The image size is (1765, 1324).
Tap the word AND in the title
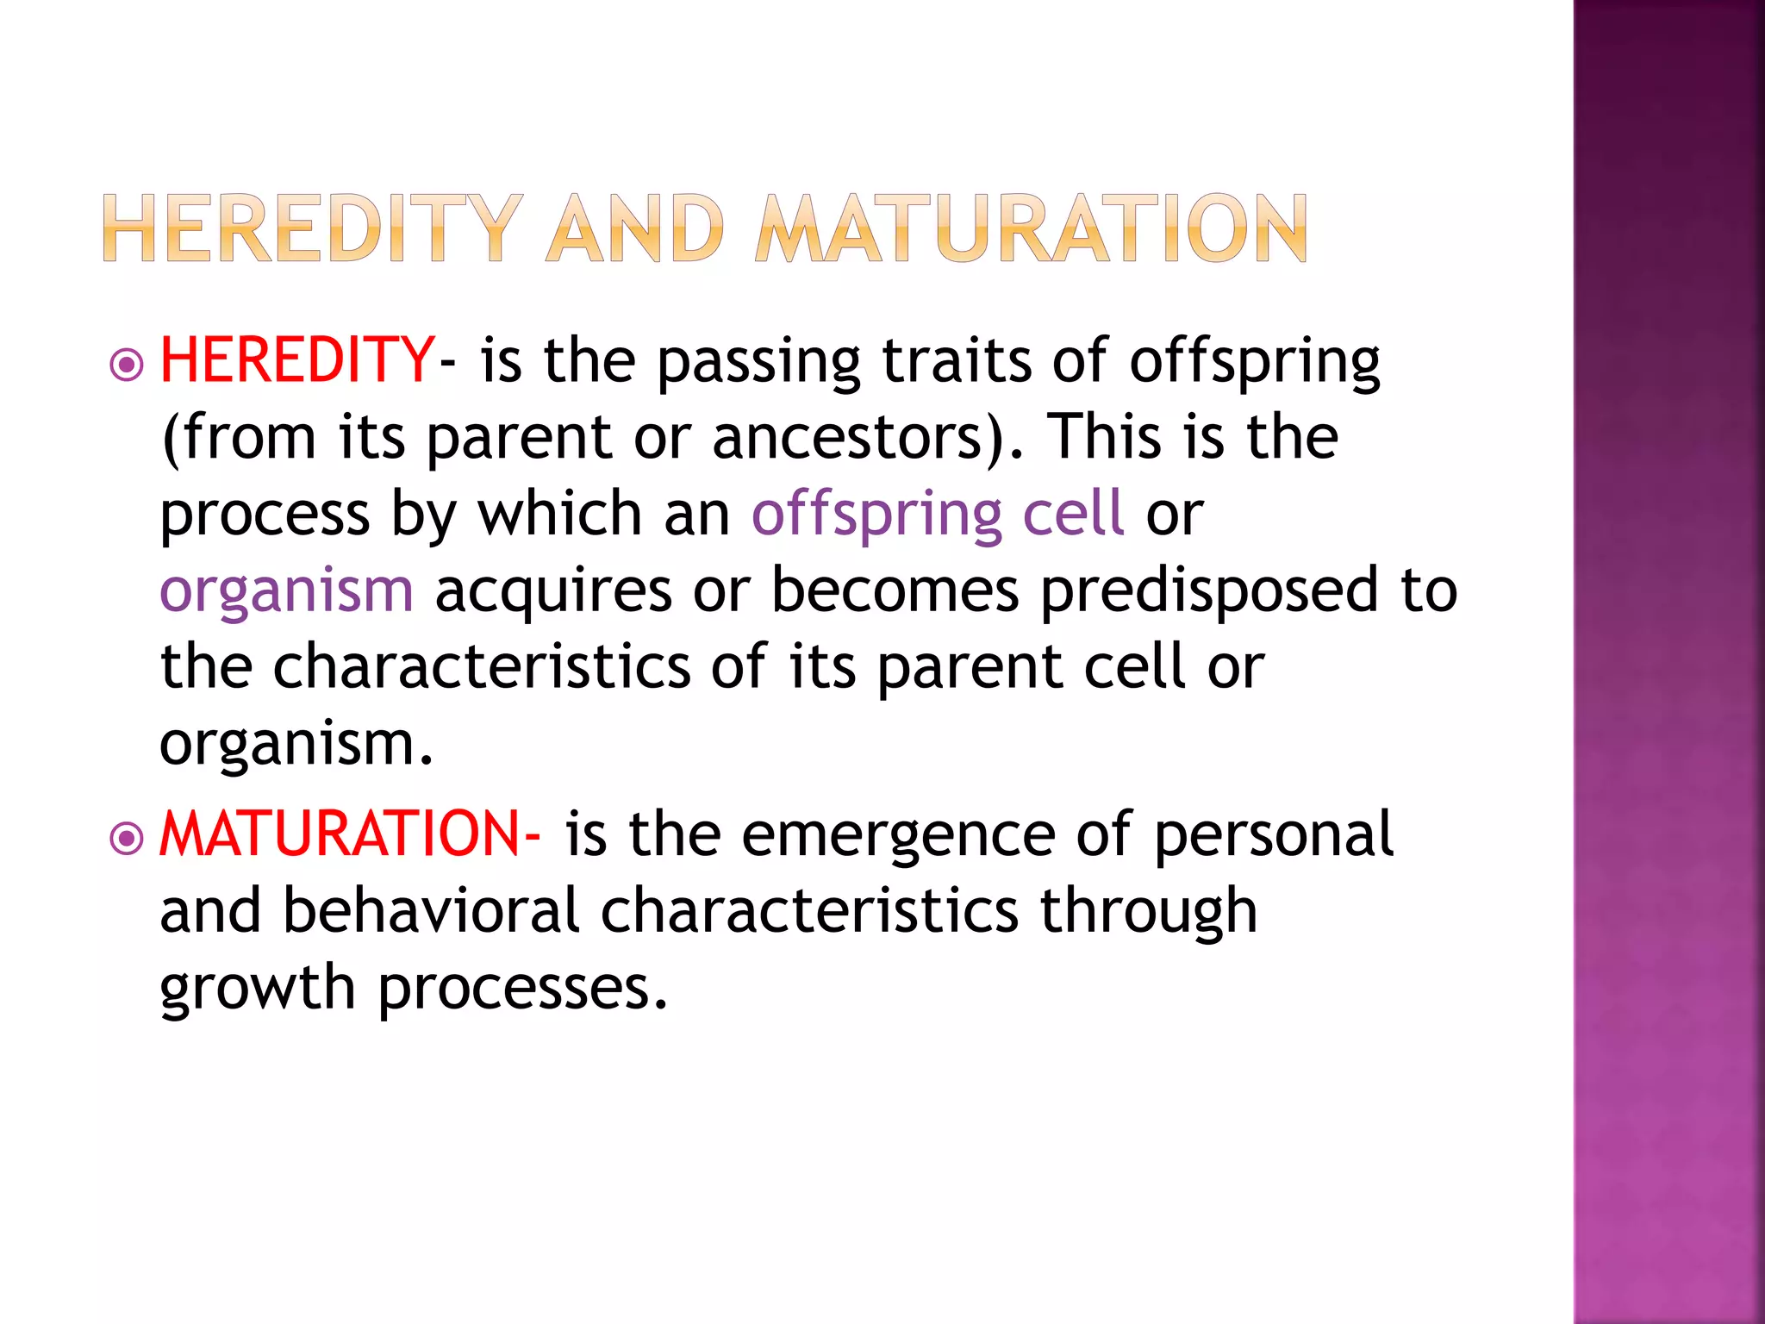(x=635, y=228)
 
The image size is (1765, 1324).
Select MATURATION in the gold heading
(x=1032, y=228)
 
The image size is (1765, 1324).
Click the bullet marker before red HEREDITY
(x=128, y=365)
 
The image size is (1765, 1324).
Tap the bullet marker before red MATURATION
(x=128, y=838)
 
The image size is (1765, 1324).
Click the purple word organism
(x=286, y=593)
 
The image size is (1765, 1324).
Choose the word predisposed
(x=1209, y=593)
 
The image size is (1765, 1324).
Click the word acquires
(x=553, y=593)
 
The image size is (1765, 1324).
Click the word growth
(x=258, y=990)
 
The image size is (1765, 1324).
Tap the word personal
(x=1273, y=836)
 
